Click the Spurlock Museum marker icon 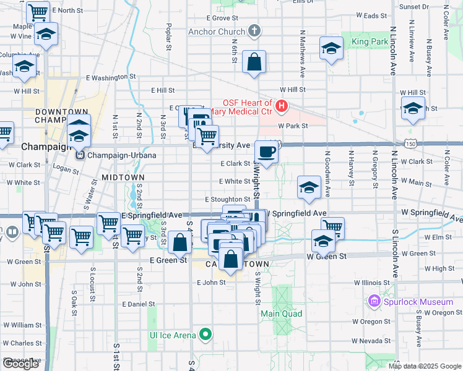(x=374, y=302)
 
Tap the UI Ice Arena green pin (x=206, y=335)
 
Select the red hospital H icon (x=282, y=106)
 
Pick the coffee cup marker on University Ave (x=266, y=152)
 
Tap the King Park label (x=369, y=42)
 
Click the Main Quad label (x=281, y=313)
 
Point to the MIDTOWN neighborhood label (x=119, y=177)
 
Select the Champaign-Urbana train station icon (x=80, y=155)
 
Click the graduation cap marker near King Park (x=331, y=48)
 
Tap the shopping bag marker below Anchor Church (x=254, y=62)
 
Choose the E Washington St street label (x=111, y=77)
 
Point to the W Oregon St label (x=371, y=322)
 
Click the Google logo (x=20, y=364)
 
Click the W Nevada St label (x=371, y=341)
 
